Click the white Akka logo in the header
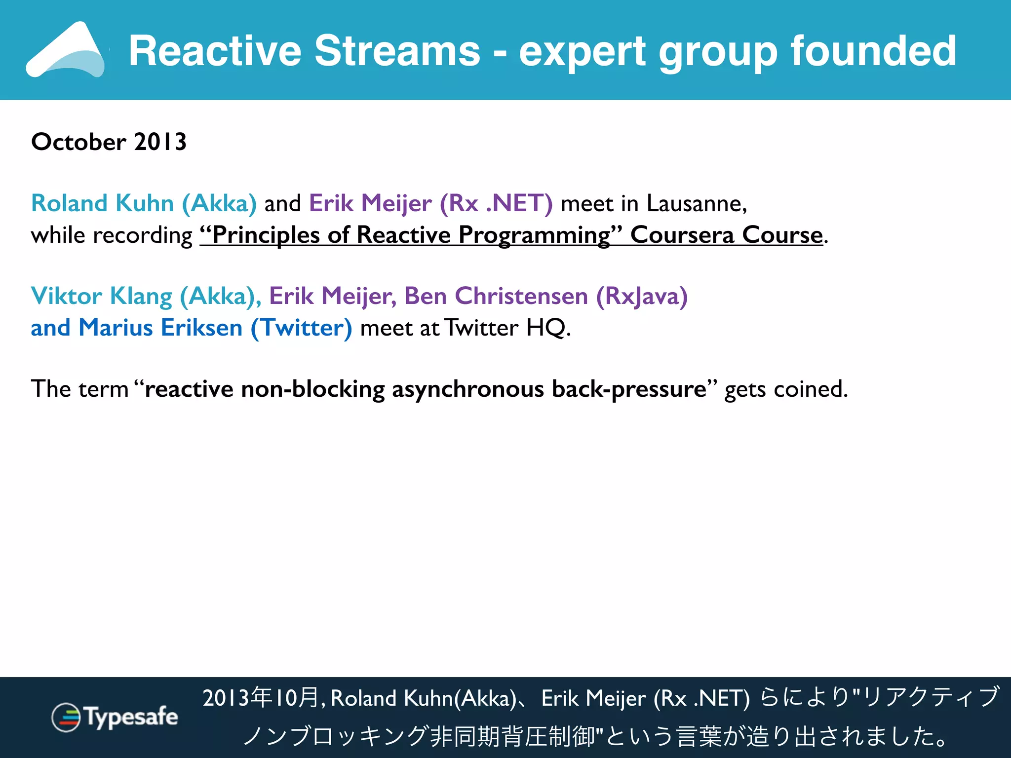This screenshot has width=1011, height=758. [67, 51]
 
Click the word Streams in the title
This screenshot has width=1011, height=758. [397, 51]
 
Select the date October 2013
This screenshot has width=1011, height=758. [109, 142]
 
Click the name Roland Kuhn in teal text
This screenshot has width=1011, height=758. [102, 203]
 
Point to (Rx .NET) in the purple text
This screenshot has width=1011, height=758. [496, 203]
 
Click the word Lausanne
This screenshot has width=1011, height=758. [696, 203]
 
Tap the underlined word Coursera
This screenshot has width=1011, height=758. [682, 235]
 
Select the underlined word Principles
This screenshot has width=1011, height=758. [266, 235]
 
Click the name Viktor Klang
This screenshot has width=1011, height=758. [101, 296]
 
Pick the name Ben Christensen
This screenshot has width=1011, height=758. [496, 296]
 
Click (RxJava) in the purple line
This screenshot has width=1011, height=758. [642, 296]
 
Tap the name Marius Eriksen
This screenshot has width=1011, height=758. [160, 328]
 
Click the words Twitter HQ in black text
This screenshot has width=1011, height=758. [506, 328]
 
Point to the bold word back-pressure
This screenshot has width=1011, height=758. [629, 389]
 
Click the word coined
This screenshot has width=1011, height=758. [810, 389]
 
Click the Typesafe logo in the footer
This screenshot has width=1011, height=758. [115, 717]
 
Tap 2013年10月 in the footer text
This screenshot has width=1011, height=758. [262, 698]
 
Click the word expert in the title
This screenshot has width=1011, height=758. [582, 51]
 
